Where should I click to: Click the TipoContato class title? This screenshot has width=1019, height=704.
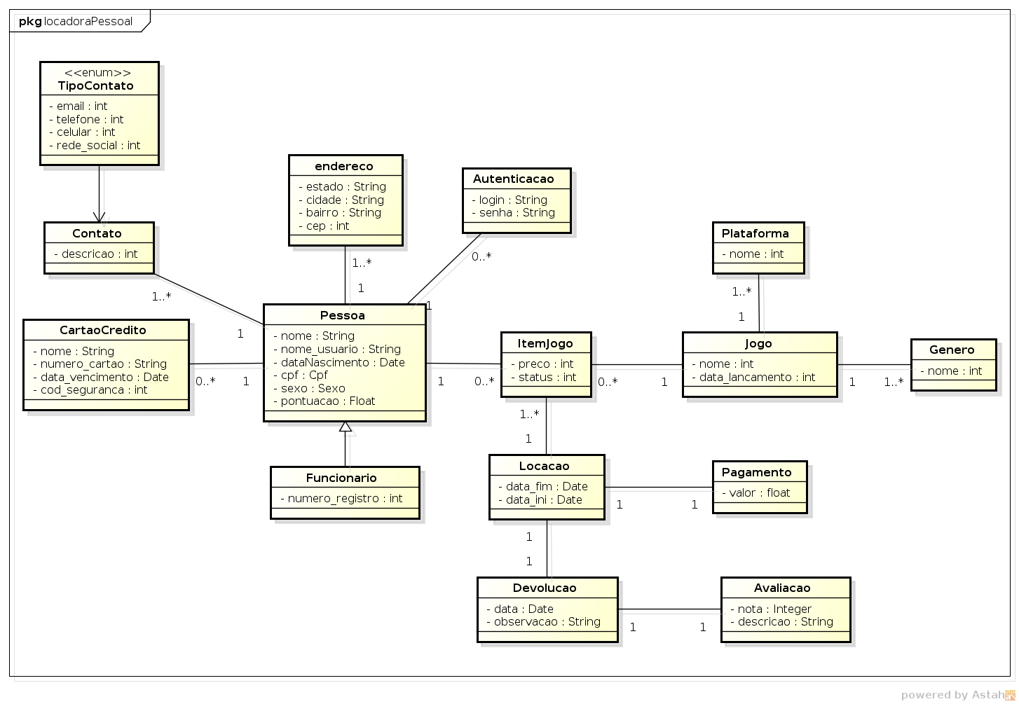point(95,86)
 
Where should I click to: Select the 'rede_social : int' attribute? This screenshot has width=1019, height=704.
point(95,146)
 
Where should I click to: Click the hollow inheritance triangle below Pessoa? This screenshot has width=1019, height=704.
point(345,427)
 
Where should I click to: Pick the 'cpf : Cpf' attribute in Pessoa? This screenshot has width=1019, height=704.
point(300,375)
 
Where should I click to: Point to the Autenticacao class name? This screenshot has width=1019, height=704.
point(513,179)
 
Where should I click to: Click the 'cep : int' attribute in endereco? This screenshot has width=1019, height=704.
point(323,226)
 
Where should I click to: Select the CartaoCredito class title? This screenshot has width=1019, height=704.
point(103,331)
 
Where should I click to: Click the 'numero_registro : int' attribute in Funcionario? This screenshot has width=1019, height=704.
point(341,499)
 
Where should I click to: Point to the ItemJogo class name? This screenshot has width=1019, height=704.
point(545,344)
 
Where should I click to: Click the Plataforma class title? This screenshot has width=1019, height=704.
point(755,234)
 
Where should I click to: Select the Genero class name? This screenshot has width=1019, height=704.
point(951,350)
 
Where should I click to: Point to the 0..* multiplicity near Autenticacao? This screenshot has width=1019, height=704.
point(481,257)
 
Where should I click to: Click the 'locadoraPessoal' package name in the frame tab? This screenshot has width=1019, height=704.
point(88,21)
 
